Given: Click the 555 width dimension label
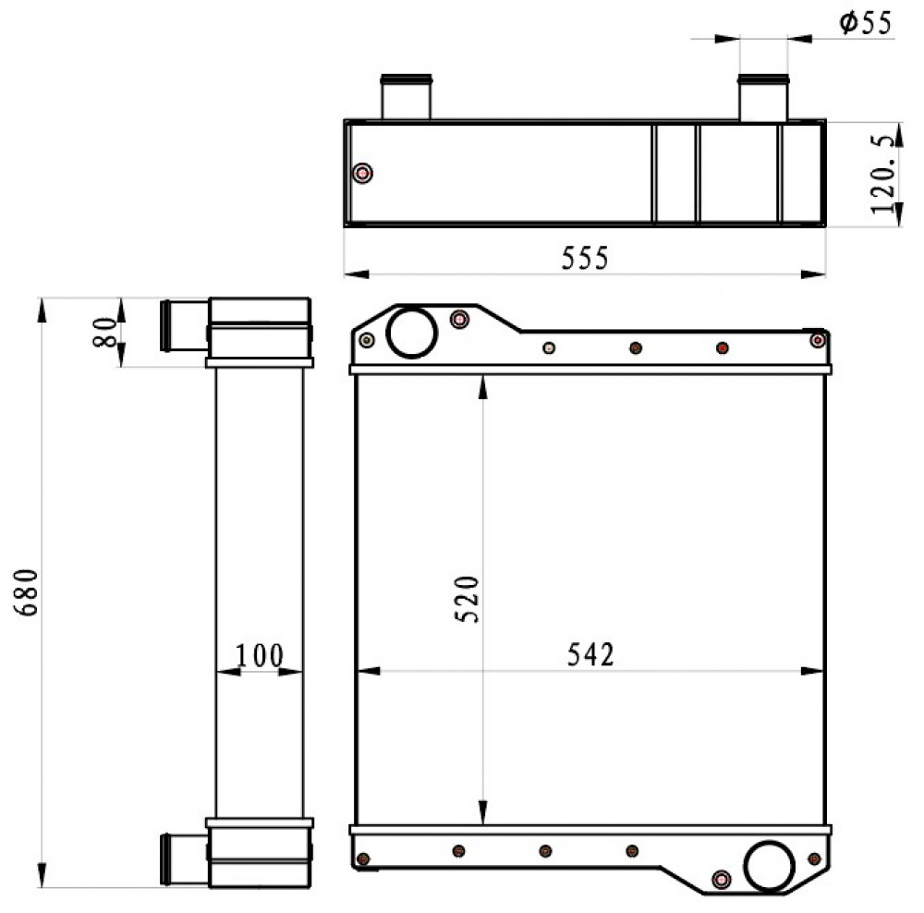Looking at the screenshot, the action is (585, 258).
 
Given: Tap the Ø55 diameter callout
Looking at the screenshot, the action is (865, 23).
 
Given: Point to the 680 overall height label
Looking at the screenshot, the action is (27, 592).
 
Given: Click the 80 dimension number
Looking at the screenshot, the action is (105, 333).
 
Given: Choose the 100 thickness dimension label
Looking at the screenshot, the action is (260, 655).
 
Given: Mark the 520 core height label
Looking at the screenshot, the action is (467, 599).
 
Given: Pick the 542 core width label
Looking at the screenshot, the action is (590, 654).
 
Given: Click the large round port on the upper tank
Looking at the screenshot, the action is (412, 333).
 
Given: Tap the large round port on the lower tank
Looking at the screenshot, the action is (769, 866).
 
